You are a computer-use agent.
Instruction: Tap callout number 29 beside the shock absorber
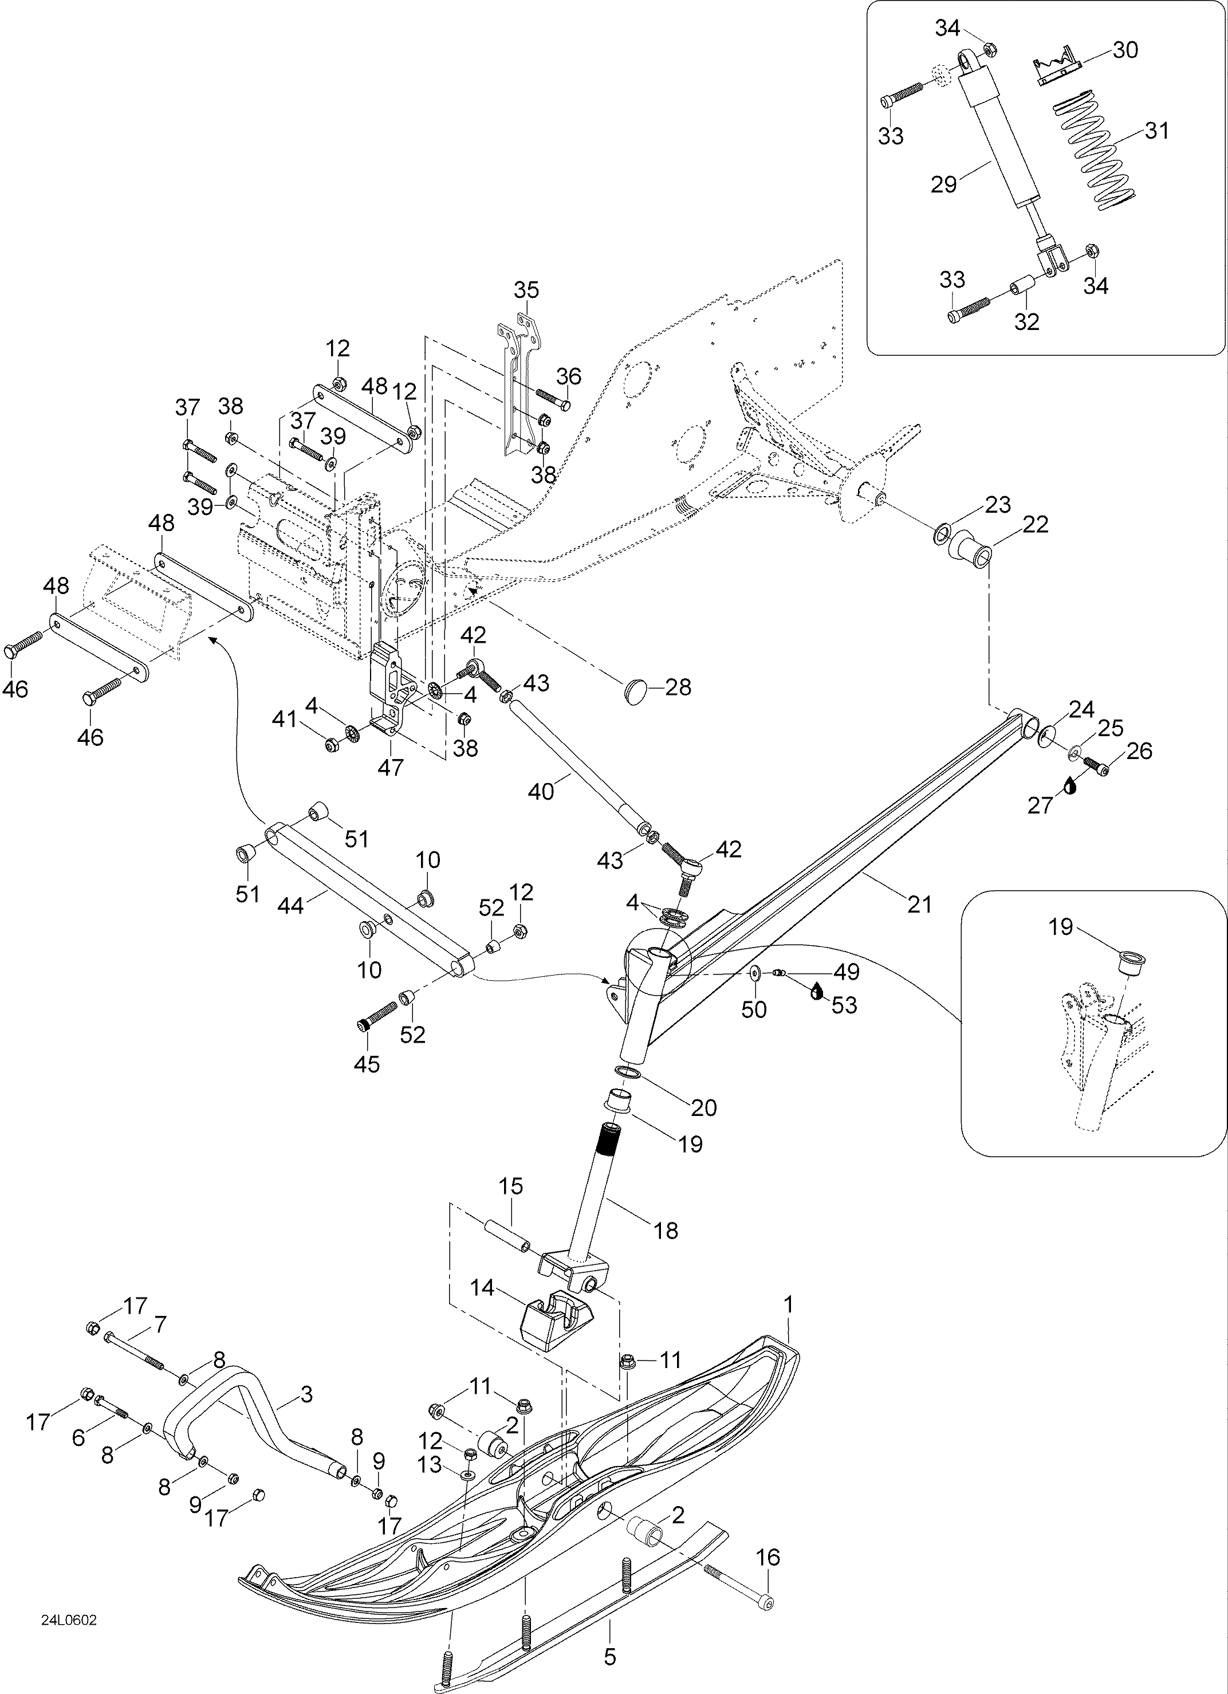(x=944, y=184)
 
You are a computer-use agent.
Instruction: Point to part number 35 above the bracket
(x=526, y=290)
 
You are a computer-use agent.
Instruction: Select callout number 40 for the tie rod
(x=541, y=791)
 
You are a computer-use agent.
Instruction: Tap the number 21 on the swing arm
(x=919, y=904)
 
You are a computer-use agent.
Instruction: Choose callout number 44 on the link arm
(x=290, y=905)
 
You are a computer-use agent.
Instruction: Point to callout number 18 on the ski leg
(x=666, y=1230)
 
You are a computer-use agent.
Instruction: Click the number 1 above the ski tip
(x=788, y=1305)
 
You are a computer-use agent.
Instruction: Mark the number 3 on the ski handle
(x=306, y=1394)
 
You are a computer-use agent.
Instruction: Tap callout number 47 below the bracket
(x=390, y=767)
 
